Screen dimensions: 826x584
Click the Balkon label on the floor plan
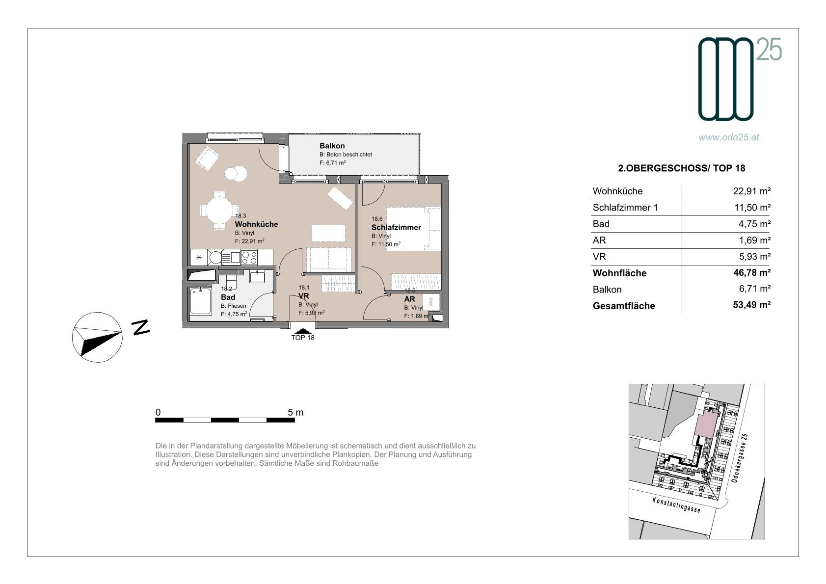tap(332, 146)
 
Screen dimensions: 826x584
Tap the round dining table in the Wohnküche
tap(219, 210)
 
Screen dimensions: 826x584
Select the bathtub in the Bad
tap(200, 302)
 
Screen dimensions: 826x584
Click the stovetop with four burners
tap(249, 257)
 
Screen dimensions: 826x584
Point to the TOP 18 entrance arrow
tap(302, 331)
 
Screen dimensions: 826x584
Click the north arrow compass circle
tap(97, 337)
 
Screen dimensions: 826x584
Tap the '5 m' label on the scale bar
tap(295, 413)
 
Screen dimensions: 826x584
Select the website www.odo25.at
tap(729, 137)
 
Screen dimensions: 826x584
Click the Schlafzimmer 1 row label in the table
tap(625, 208)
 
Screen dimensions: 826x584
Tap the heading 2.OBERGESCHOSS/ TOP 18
tap(681, 168)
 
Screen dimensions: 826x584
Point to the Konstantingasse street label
tap(676, 504)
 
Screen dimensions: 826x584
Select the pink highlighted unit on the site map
tap(706, 425)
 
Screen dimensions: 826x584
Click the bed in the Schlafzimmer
tap(413, 229)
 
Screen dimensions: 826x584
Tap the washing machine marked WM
tap(431, 302)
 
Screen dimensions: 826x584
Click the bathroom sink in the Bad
tap(257, 276)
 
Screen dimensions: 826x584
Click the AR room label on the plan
tap(409, 299)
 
